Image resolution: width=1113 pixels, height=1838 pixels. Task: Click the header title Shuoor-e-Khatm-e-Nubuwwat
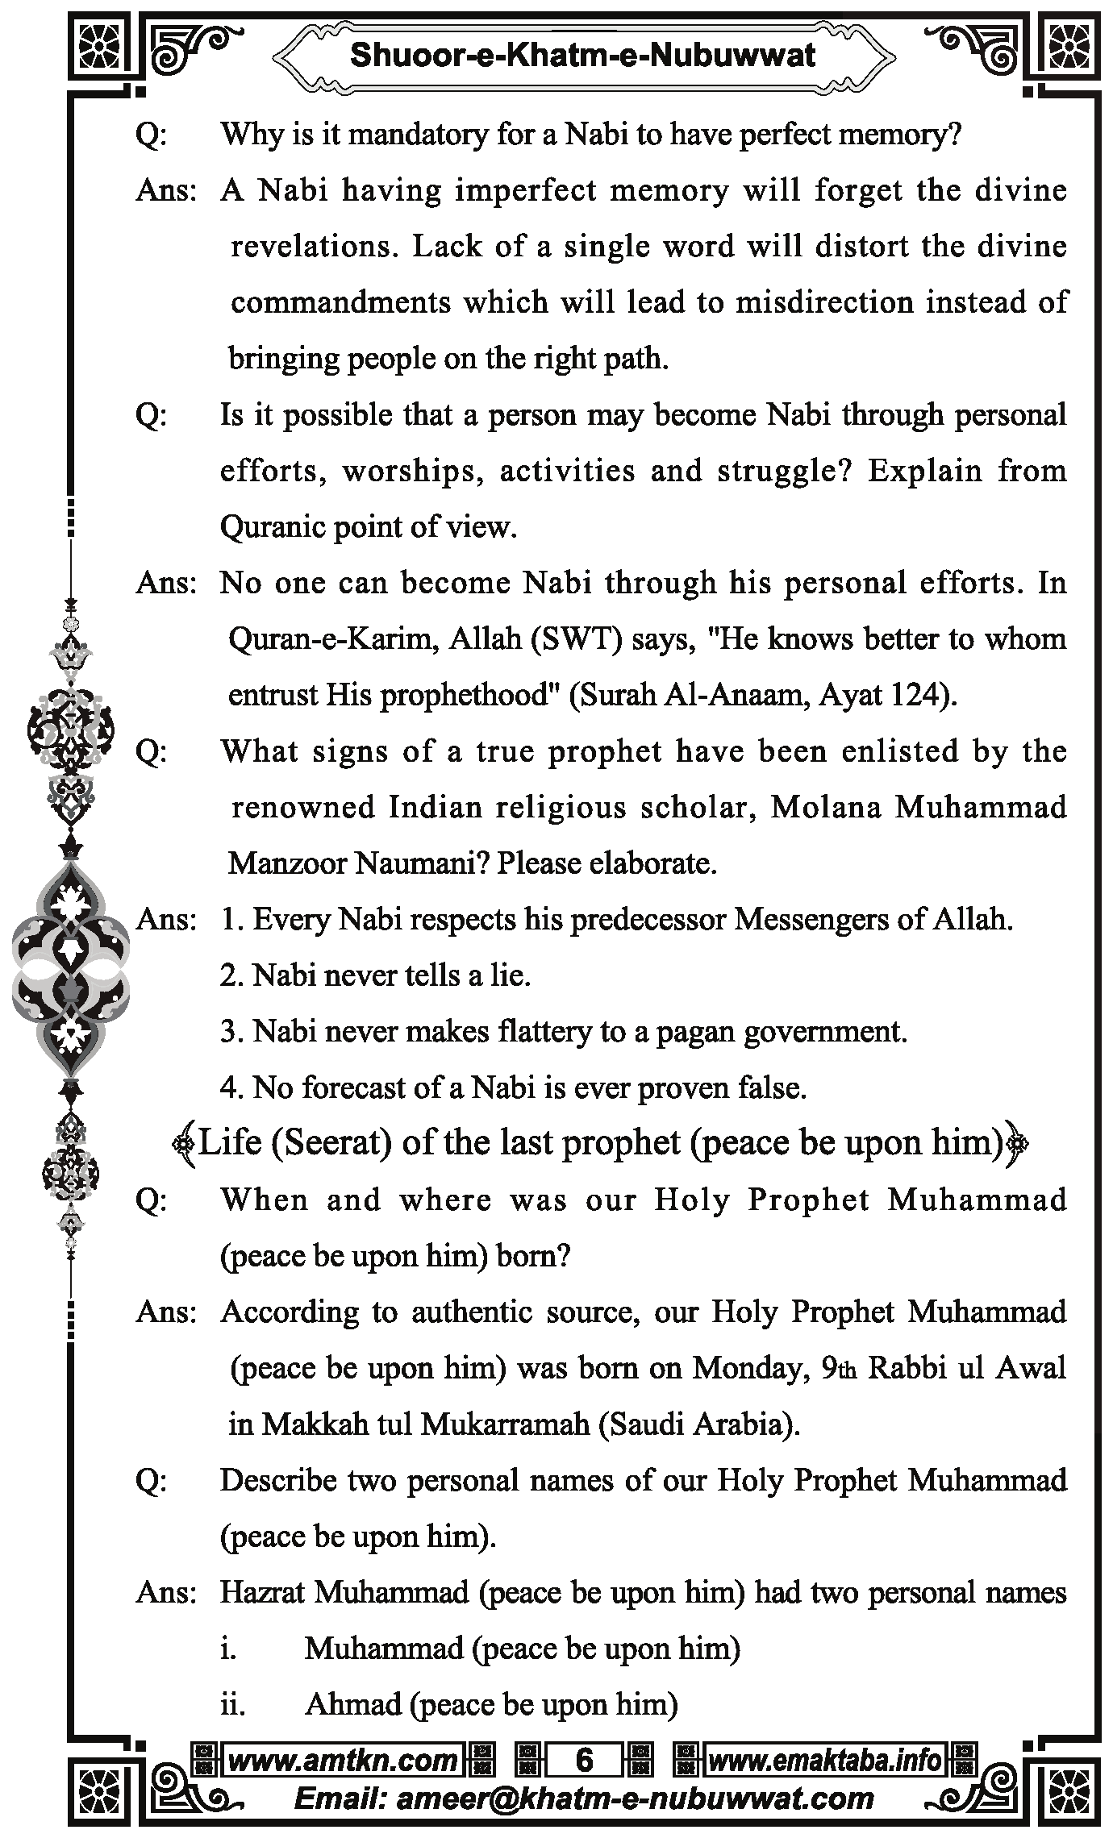coord(582,56)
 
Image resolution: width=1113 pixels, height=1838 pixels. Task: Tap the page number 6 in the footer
coord(584,1760)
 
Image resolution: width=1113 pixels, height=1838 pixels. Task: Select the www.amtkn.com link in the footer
coord(343,1760)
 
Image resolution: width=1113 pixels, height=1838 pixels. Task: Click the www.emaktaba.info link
coord(824,1760)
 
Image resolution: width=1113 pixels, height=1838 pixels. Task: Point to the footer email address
coord(584,1798)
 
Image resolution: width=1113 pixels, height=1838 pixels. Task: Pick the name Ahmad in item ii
coord(352,1704)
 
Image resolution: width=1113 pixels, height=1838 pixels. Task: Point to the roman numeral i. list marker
coord(228,1649)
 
